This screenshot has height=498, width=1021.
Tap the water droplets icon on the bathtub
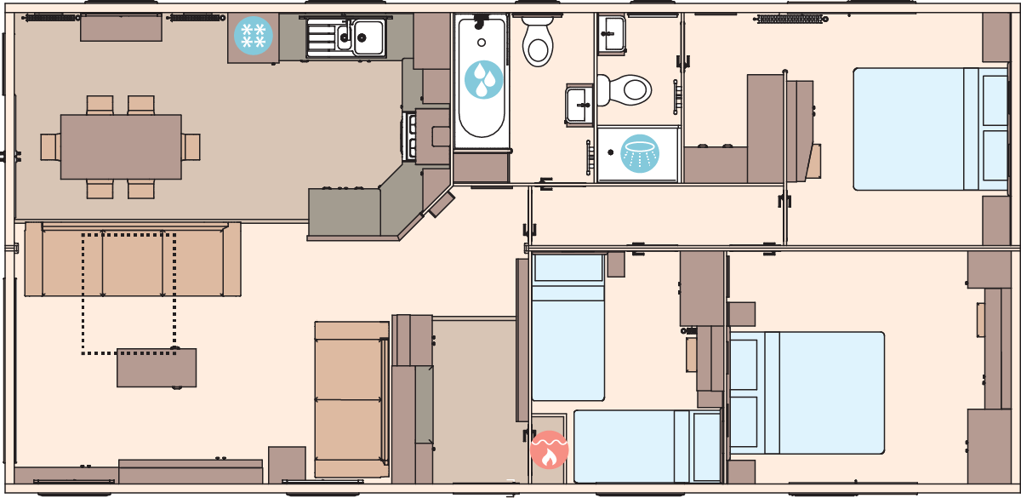(483, 79)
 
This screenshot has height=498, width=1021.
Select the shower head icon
(640, 153)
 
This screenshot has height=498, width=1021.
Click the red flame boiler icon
(549, 450)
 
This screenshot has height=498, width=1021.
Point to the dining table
(121, 146)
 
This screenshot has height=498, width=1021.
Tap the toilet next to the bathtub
(538, 41)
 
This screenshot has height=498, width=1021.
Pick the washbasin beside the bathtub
(579, 104)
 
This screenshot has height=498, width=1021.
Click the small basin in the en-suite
(612, 33)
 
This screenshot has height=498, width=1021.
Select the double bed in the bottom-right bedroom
(807, 392)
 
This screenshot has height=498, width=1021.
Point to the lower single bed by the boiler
(647, 446)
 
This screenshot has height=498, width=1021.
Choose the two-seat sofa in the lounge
(351, 399)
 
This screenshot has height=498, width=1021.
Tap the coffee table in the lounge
(157, 368)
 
